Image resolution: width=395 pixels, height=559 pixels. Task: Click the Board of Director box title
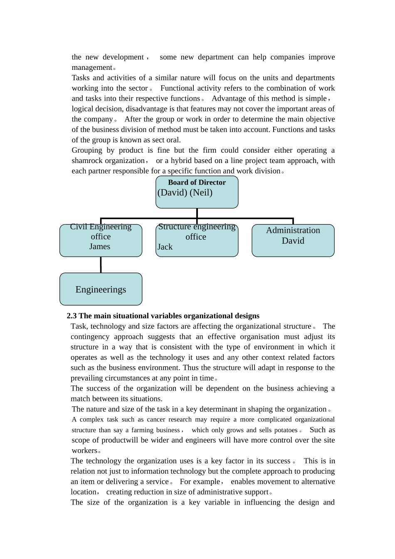197,182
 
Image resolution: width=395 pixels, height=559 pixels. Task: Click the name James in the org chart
100,246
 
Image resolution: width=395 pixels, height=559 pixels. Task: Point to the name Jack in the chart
165,247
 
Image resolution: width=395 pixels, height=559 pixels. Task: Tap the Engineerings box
101,289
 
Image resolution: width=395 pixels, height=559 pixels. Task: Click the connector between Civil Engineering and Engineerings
101,265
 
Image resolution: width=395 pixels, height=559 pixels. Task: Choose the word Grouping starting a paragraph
86,150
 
